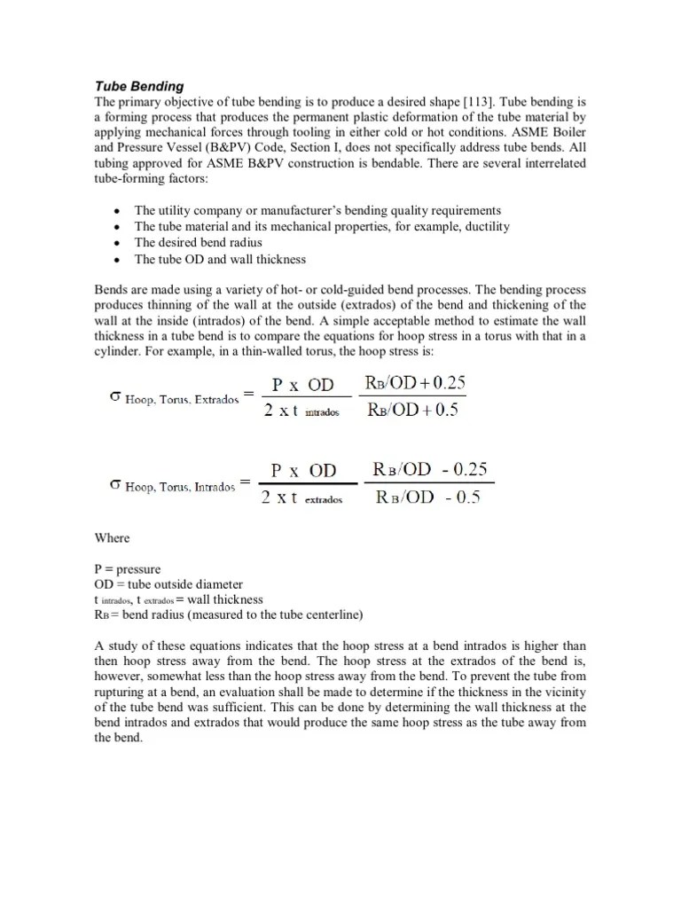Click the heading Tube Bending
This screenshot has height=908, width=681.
(139, 86)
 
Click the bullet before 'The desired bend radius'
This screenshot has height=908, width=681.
(117, 242)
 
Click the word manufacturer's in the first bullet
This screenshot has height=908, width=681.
(294, 210)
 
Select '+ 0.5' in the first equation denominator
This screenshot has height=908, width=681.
(441, 411)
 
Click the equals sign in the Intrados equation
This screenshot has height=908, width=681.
(247, 483)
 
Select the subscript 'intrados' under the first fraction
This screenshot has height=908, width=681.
(322, 413)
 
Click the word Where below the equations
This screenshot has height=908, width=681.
(112, 537)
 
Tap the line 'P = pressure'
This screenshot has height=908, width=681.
(128, 569)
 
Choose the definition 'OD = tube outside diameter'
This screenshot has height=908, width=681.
(168, 584)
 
